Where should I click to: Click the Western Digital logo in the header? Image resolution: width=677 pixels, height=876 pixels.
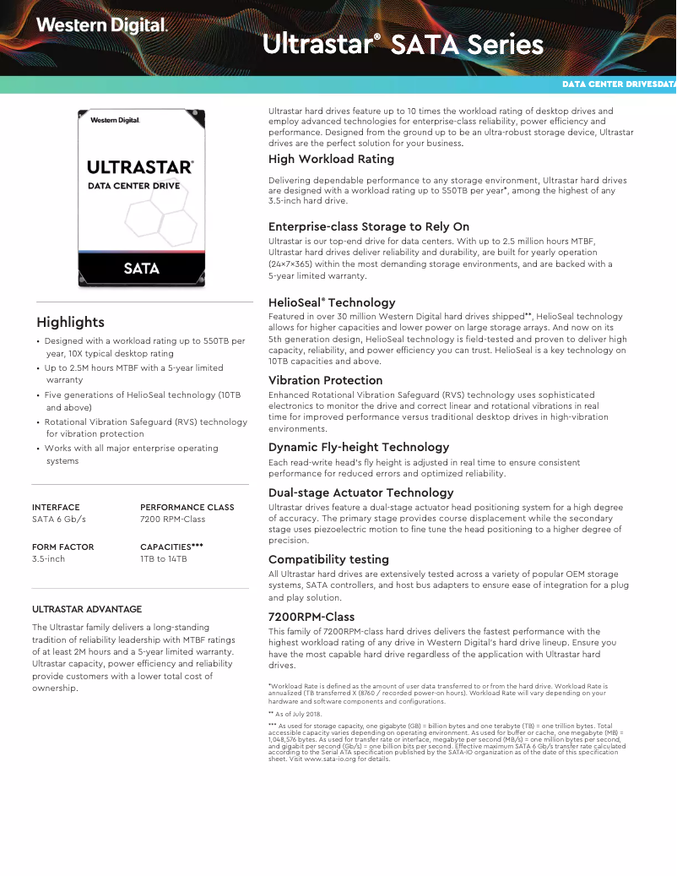tap(101, 26)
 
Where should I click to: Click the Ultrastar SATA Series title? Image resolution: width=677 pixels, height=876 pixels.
tap(403, 45)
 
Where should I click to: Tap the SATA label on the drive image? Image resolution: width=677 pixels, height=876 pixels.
tap(141, 269)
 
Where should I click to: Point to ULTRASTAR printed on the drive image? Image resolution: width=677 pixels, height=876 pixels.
tap(140, 167)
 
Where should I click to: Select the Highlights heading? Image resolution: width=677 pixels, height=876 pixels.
tap(71, 322)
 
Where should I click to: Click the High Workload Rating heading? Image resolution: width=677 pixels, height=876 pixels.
tap(331, 159)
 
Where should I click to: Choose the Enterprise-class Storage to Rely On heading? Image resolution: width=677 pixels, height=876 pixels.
tap(369, 226)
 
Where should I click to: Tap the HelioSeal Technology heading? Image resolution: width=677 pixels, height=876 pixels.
tap(332, 302)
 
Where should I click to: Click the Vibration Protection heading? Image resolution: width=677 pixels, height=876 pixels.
tap(325, 380)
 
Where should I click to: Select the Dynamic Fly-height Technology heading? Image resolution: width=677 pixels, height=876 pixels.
tap(359, 447)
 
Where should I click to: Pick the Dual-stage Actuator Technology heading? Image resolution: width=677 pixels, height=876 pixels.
tap(361, 492)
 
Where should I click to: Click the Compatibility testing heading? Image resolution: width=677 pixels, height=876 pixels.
tap(328, 559)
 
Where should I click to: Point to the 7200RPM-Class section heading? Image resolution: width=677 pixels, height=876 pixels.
tap(311, 617)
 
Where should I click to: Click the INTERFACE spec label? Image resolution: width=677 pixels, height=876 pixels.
tap(56, 508)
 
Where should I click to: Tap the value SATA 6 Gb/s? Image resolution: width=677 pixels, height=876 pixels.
tap(59, 520)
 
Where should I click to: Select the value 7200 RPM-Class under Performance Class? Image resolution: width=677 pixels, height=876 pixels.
tap(173, 520)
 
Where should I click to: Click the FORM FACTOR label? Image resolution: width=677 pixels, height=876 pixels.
tap(63, 547)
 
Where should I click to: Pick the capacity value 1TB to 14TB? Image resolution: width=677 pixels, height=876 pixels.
tap(164, 559)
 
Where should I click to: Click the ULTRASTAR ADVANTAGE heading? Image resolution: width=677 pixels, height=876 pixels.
tap(87, 609)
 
